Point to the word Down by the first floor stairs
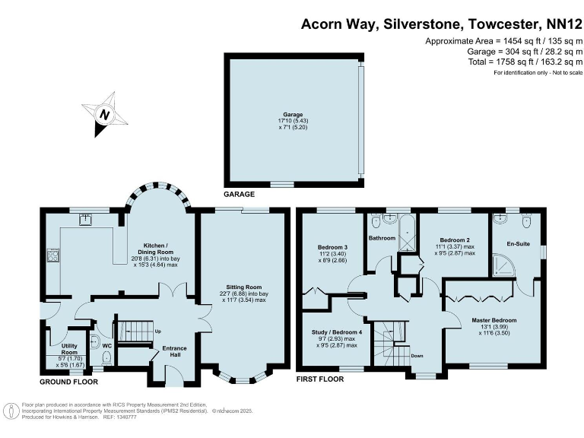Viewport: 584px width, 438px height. pyautogui.click(x=417, y=355)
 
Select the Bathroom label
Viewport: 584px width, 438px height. pyautogui.click(x=382, y=238)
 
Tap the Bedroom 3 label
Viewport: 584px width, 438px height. pyautogui.click(x=332, y=247)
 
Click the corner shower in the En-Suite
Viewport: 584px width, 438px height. pyautogui.click(x=504, y=265)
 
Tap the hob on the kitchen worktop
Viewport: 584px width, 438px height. pyautogui.click(x=53, y=255)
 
